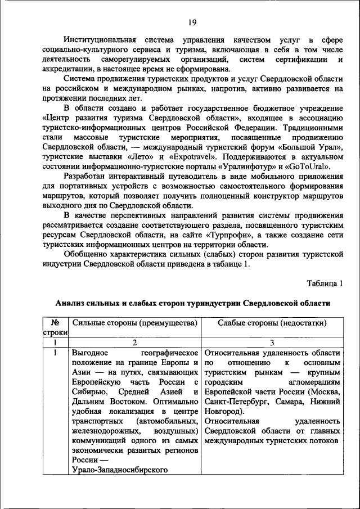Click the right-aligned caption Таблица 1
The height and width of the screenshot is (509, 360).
pos(324,282)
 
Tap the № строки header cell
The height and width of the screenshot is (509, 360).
pos(55,327)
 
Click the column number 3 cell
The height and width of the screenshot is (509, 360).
pos(272,342)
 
